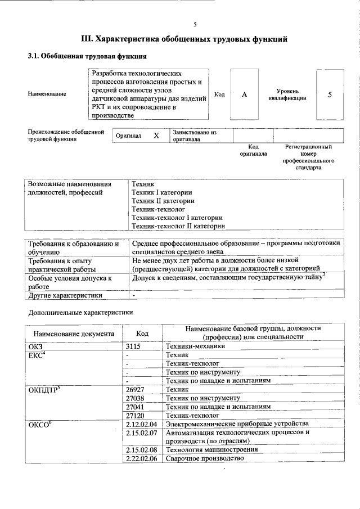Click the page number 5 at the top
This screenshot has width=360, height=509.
click(x=195, y=24)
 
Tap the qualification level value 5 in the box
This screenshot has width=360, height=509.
click(x=330, y=94)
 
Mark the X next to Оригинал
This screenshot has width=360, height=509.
click(x=156, y=136)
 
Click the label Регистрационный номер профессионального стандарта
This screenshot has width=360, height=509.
click(x=308, y=157)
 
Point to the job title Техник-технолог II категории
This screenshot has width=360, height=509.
click(x=178, y=226)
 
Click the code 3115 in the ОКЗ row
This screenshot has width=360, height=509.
click(x=133, y=346)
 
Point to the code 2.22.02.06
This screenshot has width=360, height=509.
click(x=141, y=458)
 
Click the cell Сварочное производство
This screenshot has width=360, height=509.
click(x=205, y=458)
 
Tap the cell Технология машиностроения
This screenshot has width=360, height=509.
click(x=211, y=449)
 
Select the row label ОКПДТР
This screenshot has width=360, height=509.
click(x=44, y=389)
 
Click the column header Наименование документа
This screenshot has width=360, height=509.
click(x=73, y=334)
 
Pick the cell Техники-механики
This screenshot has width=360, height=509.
click(x=192, y=346)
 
